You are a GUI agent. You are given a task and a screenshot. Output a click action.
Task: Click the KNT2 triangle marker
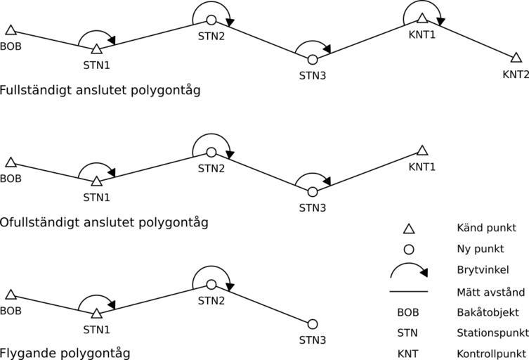click(x=515, y=57)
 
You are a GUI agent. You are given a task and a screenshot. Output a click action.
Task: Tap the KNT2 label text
click(x=515, y=74)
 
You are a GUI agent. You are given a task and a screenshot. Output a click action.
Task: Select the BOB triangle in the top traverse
click(x=11, y=30)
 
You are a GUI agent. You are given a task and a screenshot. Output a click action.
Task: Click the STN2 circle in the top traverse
click(x=211, y=20)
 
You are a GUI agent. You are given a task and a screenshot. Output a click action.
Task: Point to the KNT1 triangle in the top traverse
click(x=422, y=18)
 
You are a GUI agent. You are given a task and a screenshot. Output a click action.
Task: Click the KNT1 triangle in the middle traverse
click(x=422, y=150)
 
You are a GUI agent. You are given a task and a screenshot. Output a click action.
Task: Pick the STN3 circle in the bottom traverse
click(x=313, y=324)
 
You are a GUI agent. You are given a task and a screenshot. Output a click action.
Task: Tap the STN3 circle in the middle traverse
click(x=313, y=191)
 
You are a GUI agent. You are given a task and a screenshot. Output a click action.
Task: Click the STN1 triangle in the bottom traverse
click(x=97, y=314)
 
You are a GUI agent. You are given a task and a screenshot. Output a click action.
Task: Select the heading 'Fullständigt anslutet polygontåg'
click(x=100, y=91)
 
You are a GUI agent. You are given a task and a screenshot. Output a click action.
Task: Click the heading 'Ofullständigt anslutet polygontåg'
click(x=104, y=223)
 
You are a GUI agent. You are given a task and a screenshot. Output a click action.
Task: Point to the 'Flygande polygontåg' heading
click(x=65, y=352)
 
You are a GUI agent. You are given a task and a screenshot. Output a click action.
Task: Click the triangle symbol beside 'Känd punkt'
click(x=408, y=229)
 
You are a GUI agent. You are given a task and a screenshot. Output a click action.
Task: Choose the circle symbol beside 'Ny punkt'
click(x=408, y=249)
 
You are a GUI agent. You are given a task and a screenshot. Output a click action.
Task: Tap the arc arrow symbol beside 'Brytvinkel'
click(x=409, y=271)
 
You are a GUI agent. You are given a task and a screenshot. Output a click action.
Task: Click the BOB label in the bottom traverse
click(x=11, y=311)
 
